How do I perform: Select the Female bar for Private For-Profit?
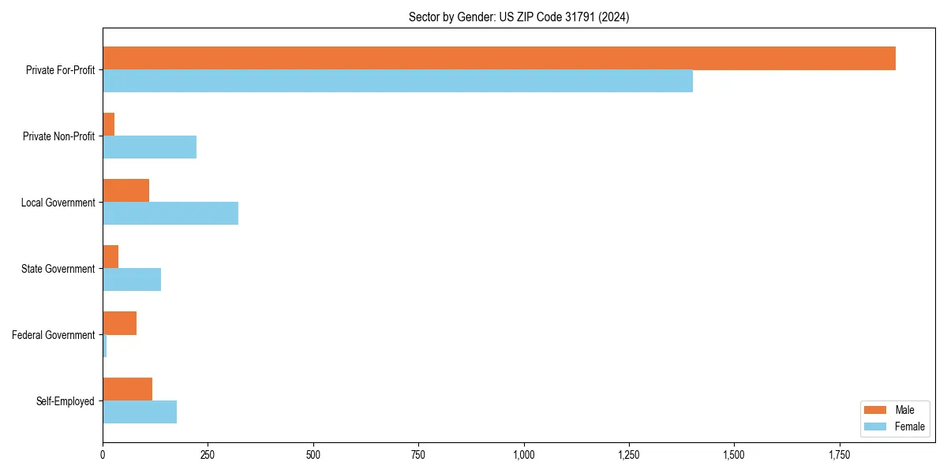coord(398,81)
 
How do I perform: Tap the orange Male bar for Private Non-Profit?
coord(109,125)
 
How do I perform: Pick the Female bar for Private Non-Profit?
coord(149,147)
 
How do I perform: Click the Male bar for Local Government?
coord(125,191)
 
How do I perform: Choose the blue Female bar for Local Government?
coord(170,214)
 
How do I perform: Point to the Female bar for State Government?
coord(132,280)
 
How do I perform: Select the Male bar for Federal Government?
coord(119,323)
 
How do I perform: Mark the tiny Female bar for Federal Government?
coord(105,346)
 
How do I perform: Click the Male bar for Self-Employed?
coord(127,389)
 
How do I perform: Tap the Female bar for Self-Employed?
coord(140,412)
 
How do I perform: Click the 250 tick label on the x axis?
coord(208,455)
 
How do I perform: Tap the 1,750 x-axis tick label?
coord(840,455)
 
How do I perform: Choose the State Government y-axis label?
coord(58,269)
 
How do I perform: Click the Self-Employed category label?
coord(65,401)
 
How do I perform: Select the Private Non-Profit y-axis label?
coord(58,136)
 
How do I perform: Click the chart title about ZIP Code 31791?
coord(518,17)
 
